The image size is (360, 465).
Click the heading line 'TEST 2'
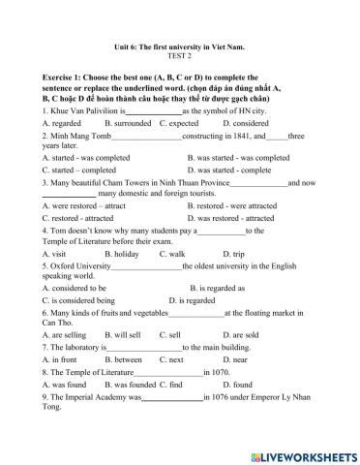click(179, 55)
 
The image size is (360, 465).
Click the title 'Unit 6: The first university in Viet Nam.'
click(179, 46)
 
